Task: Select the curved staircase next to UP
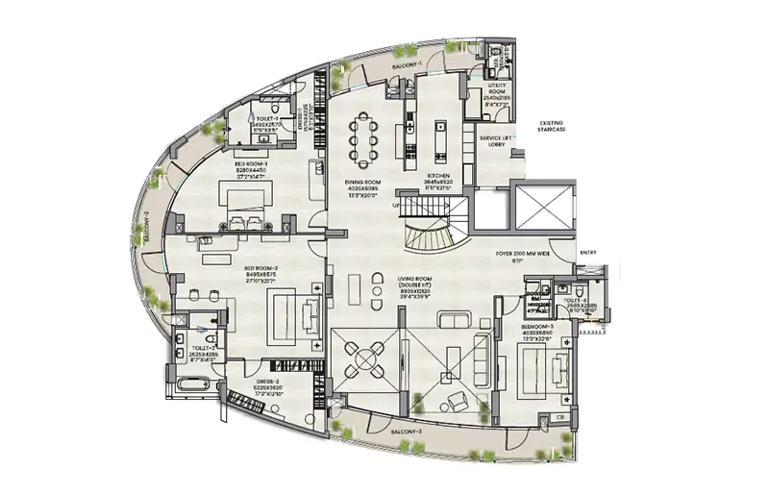point(430,234)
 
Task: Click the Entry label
point(587,253)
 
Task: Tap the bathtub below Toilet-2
point(191,385)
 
